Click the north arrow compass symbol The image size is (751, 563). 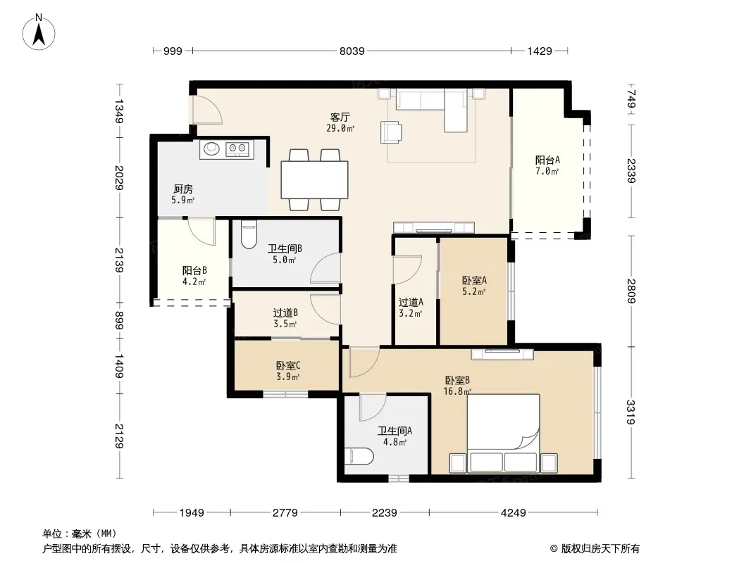tap(39, 32)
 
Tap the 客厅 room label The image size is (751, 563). tap(340, 118)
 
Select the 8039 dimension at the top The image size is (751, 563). tap(352, 51)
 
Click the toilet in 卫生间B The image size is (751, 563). tap(249, 234)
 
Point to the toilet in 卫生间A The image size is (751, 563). tap(359, 456)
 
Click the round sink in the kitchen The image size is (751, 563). tap(211, 148)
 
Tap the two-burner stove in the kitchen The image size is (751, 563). tap(237, 148)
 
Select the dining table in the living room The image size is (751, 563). tap(315, 180)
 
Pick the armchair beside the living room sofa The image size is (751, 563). tap(391, 132)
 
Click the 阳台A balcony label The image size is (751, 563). tap(547, 160)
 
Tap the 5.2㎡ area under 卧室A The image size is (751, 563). tap(473, 291)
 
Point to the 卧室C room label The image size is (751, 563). tap(288, 365)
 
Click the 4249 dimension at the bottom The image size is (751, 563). tap(513, 513)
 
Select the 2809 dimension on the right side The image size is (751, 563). tap(631, 291)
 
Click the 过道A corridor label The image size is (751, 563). tap(411, 303)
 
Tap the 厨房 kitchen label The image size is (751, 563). tap(183, 189)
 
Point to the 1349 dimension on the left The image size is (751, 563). tap(119, 111)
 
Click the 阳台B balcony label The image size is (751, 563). tap(194, 271)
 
